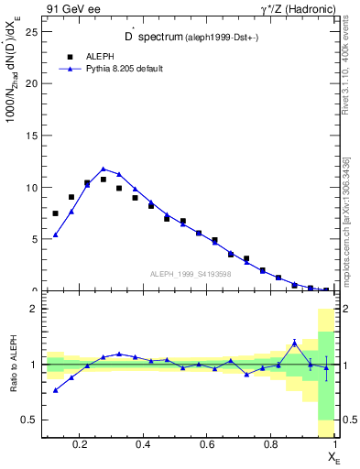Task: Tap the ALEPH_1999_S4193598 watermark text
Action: (x=191, y=273)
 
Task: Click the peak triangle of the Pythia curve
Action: (x=104, y=169)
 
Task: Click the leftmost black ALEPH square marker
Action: (x=56, y=213)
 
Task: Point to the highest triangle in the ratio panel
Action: (x=294, y=343)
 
